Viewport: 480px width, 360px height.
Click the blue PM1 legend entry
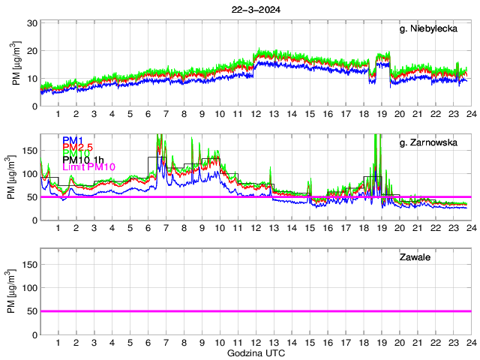click(x=73, y=140)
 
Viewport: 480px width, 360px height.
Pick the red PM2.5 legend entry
click(x=79, y=149)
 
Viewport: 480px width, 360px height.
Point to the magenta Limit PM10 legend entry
click(x=88, y=167)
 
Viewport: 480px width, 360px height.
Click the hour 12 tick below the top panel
click(x=256, y=114)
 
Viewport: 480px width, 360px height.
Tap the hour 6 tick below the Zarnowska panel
click(x=148, y=228)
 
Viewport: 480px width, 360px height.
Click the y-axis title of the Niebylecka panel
click(x=16, y=64)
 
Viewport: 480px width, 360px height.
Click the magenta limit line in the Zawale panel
click(x=255, y=310)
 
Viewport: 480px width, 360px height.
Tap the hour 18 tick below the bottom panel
click(x=364, y=343)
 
